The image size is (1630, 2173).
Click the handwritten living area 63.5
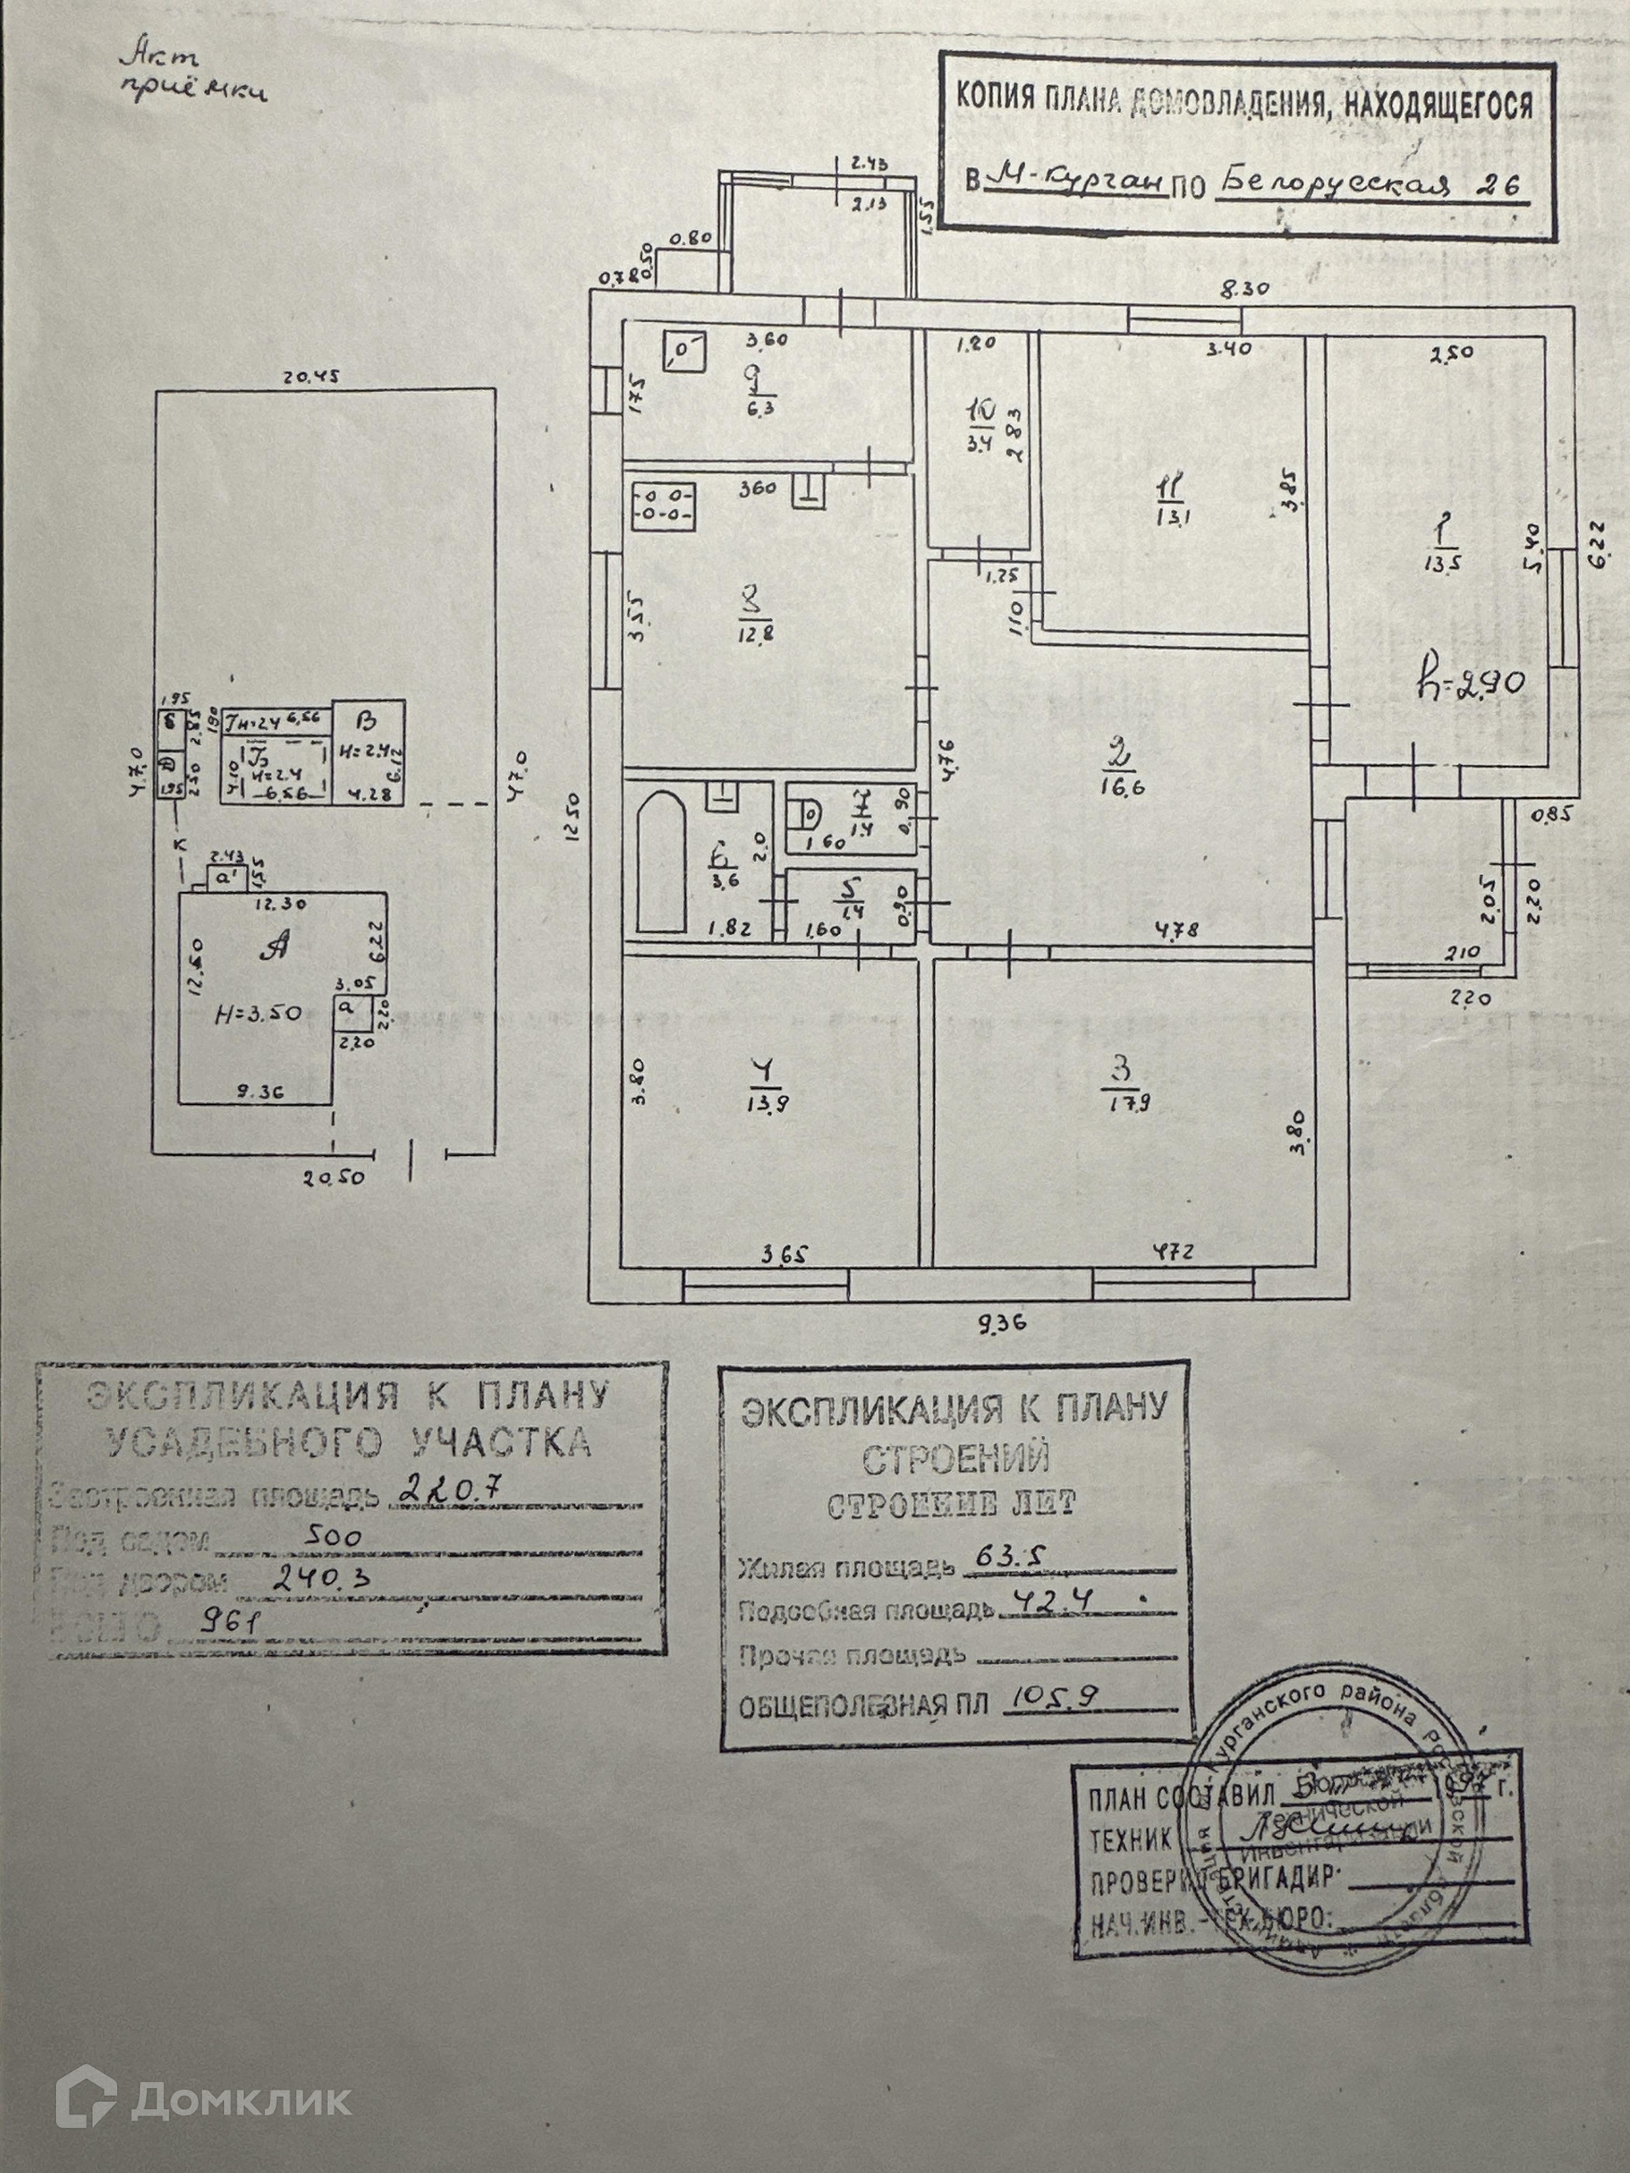pyautogui.click(x=999, y=1554)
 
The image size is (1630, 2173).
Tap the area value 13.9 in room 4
pyautogui.click(x=767, y=1103)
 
